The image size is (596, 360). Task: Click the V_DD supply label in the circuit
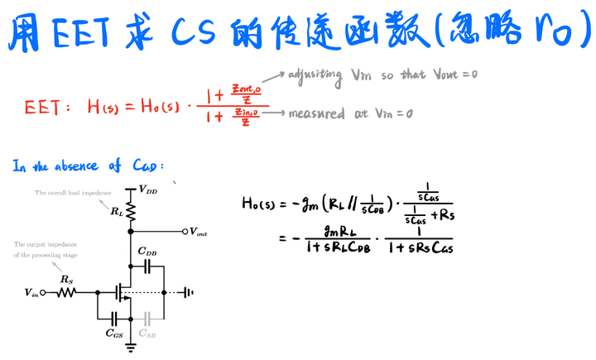pyautogui.click(x=148, y=190)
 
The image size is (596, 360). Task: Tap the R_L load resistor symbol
pyautogui.click(x=130, y=213)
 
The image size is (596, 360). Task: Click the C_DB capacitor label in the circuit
pyautogui.click(x=148, y=252)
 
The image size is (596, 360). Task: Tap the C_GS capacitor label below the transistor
pyautogui.click(x=115, y=334)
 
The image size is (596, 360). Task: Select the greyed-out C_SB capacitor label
pyautogui.click(x=147, y=334)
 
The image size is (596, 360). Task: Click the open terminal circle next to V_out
pyautogui.click(x=185, y=232)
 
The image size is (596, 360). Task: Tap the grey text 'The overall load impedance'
pyautogui.click(x=72, y=193)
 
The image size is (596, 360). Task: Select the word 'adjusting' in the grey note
pyautogui.click(x=315, y=75)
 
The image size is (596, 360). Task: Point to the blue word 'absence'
pyautogui.click(x=79, y=166)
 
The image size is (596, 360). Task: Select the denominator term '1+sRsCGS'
pyautogui.click(x=421, y=247)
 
